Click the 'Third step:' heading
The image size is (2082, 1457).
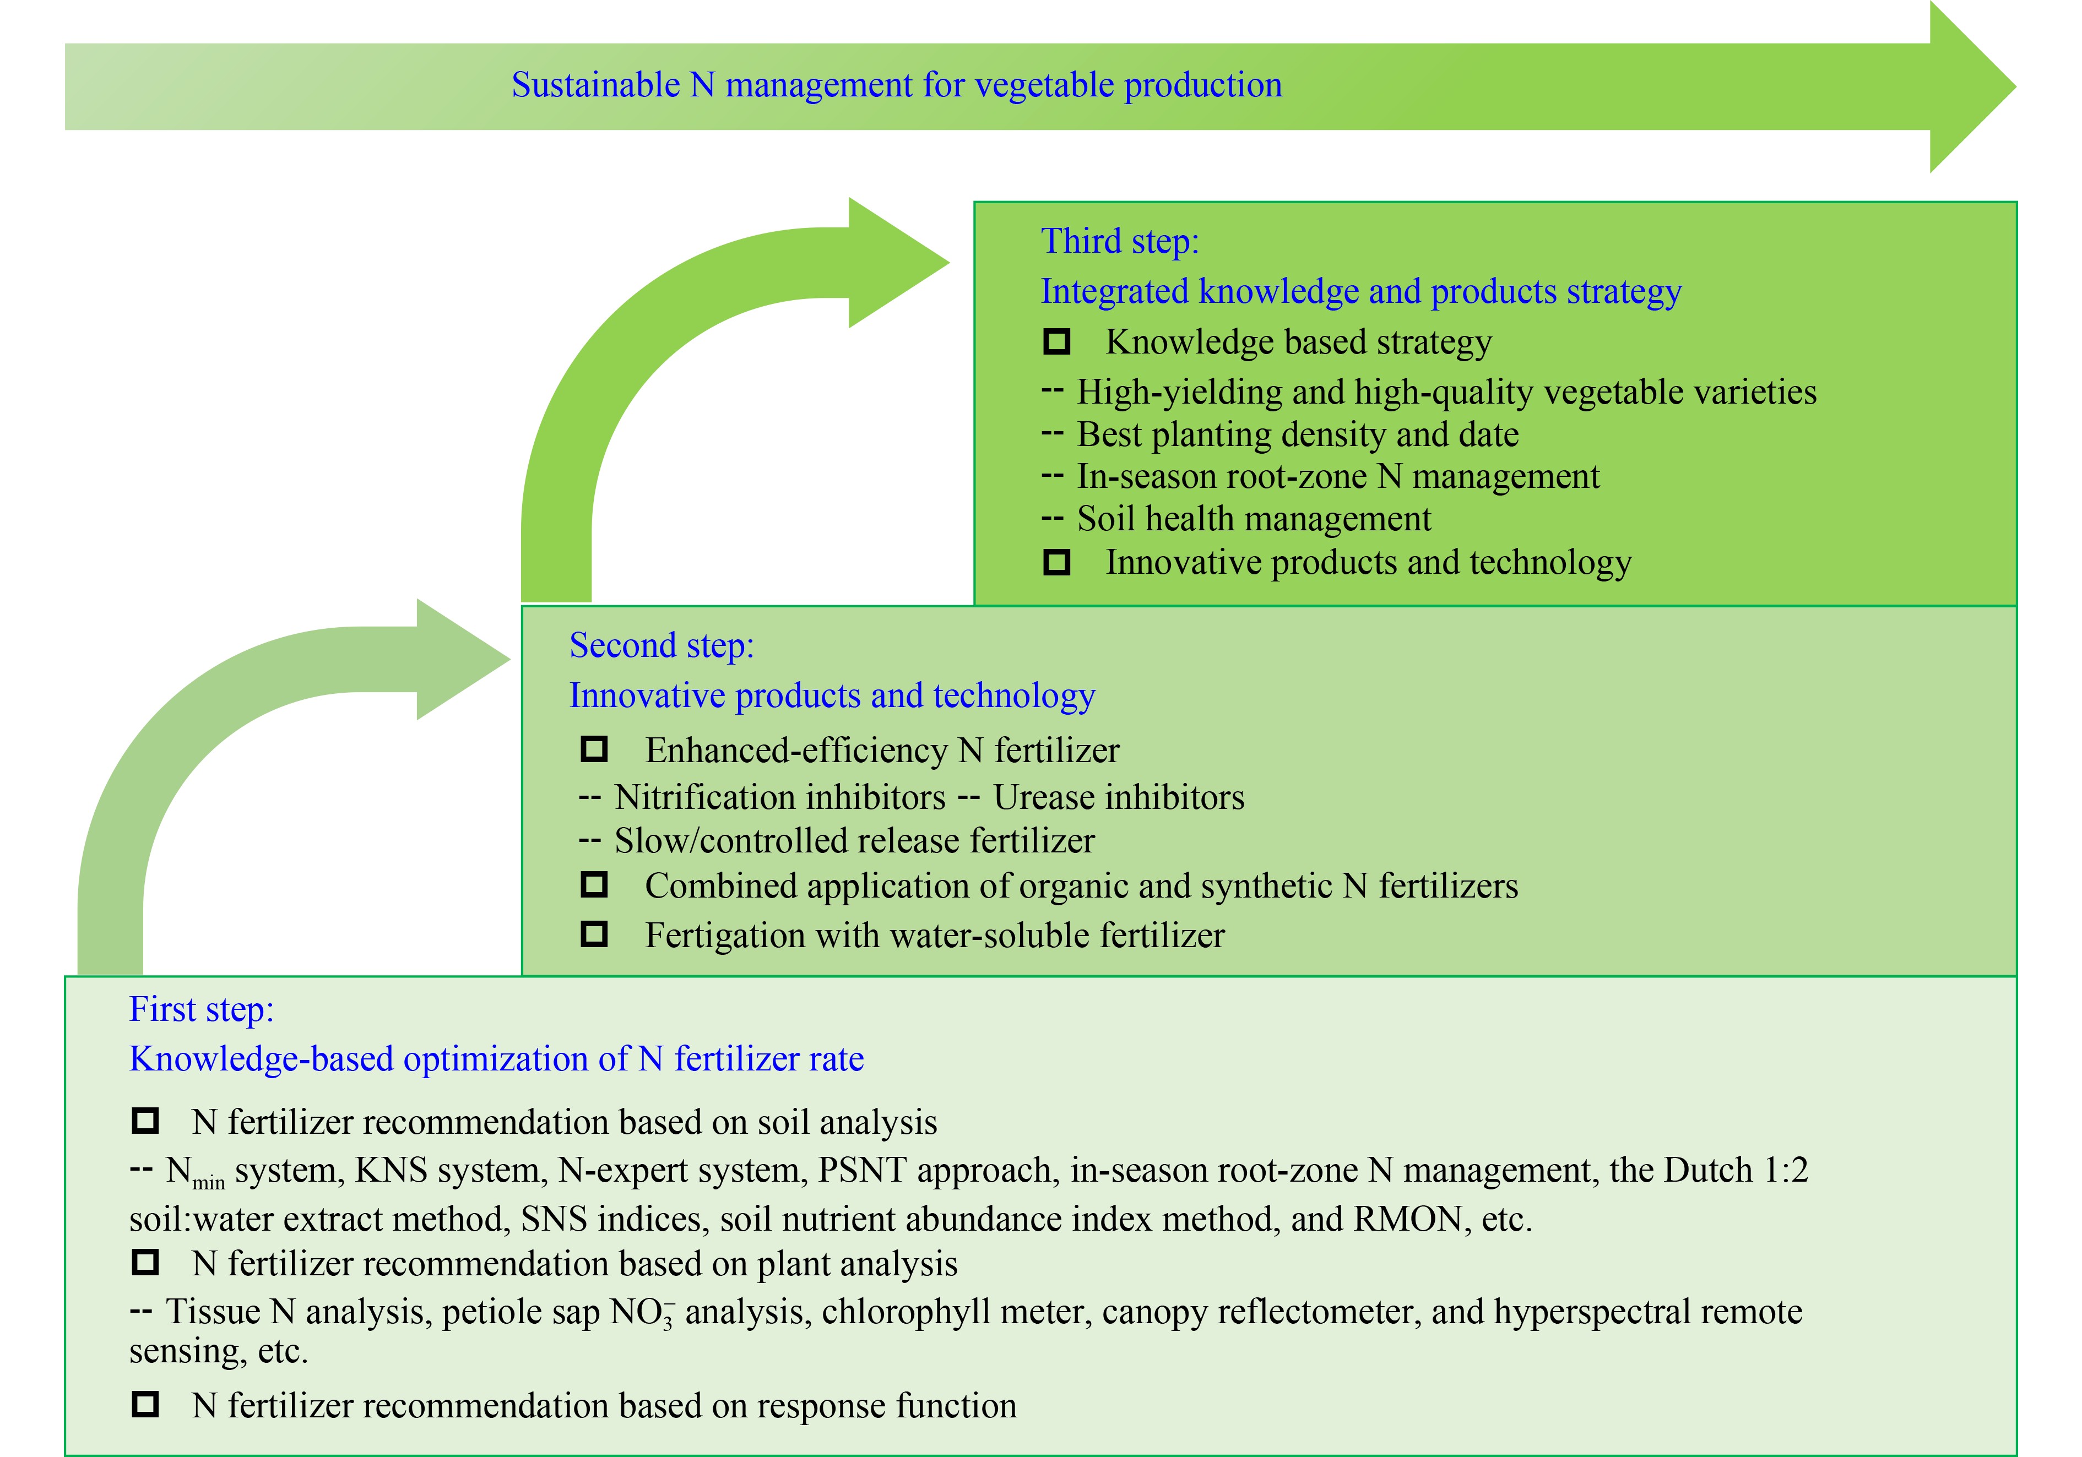coord(1119,241)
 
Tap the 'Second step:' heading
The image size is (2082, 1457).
coord(661,645)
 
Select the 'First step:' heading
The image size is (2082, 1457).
coord(201,1009)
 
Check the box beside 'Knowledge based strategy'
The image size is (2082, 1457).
coord(1056,342)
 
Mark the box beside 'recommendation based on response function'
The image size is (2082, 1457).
coord(145,1405)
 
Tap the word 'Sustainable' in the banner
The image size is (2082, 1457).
coord(595,85)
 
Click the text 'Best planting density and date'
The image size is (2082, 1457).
coord(1297,435)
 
